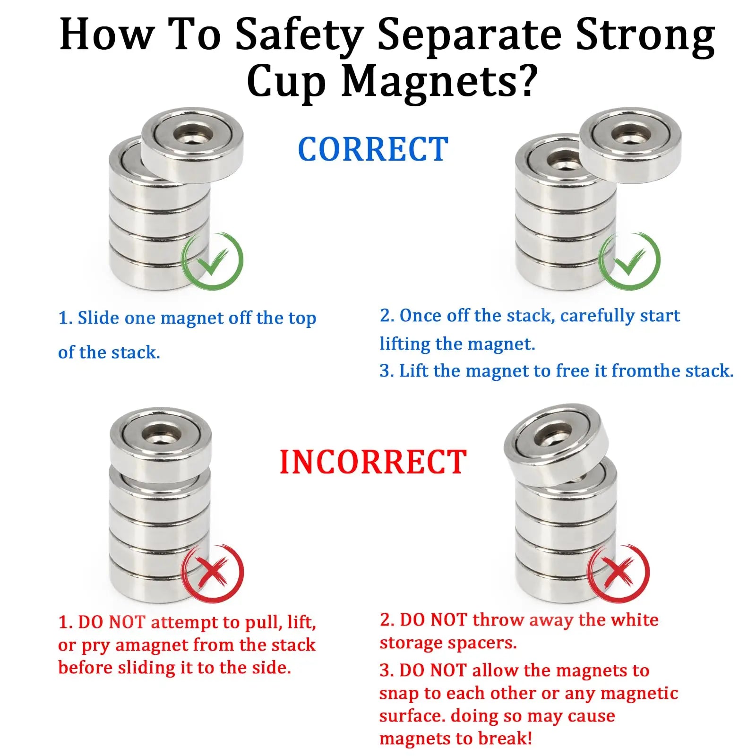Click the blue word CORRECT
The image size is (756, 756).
coord(373,149)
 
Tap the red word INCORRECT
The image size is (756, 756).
coord(373,462)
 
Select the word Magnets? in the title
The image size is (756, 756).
coord(439,81)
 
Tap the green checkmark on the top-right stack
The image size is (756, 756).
coord(629,260)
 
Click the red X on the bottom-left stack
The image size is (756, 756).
coord(213,573)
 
